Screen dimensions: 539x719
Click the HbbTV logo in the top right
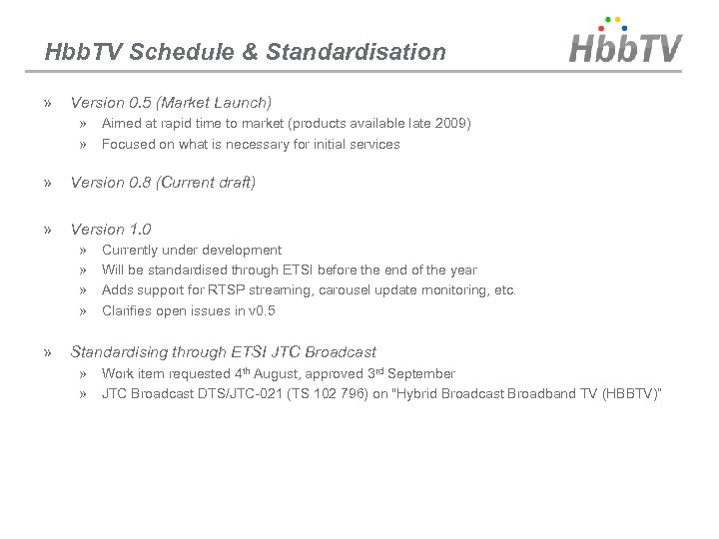(x=625, y=44)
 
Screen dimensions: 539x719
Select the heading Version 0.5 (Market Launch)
(x=171, y=102)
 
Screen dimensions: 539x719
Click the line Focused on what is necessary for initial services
(x=251, y=144)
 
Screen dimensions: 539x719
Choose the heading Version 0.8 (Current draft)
(x=163, y=183)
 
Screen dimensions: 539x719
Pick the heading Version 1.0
(x=111, y=230)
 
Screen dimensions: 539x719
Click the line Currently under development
(x=192, y=251)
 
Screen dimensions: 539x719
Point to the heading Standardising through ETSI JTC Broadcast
(x=223, y=351)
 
